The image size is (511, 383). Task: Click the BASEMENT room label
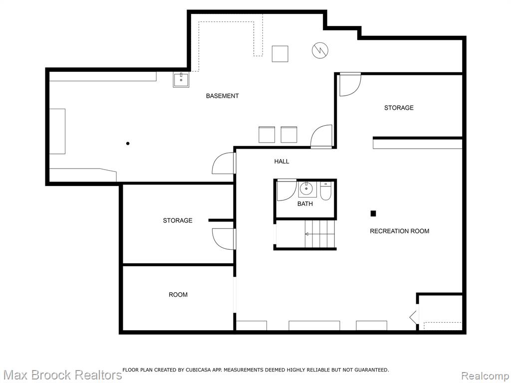(222, 96)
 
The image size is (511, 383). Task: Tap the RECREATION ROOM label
(399, 231)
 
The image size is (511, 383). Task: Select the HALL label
(281, 161)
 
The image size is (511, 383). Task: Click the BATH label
(305, 204)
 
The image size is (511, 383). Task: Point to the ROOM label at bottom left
(178, 295)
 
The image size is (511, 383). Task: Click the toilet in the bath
(325, 191)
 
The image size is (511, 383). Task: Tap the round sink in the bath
(306, 189)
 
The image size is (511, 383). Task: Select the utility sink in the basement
(181, 80)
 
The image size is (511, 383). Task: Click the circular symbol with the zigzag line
(320, 50)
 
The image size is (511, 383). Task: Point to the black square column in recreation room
(373, 213)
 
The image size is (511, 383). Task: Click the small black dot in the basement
(128, 143)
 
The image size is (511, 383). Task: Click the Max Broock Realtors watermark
(62, 375)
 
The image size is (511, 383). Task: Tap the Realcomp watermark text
(486, 376)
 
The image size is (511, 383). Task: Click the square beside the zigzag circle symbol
(280, 54)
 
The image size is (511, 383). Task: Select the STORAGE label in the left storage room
(178, 220)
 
